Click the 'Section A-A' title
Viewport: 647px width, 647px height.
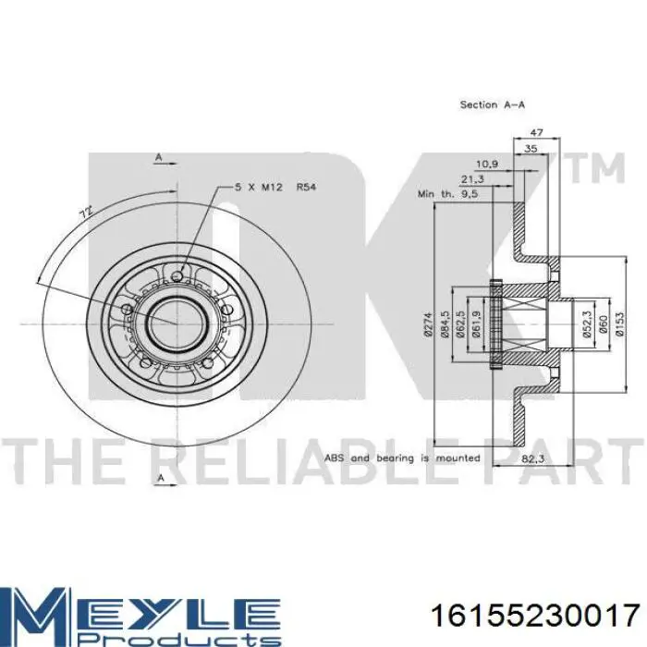click(x=493, y=104)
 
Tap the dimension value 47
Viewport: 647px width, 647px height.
click(x=536, y=132)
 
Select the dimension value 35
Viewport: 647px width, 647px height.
click(x=531, y=149)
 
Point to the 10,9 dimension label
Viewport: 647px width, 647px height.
click(x=487, y=165)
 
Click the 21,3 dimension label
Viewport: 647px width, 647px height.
click(x=472, y=179)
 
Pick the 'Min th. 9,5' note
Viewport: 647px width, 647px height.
click(x=448, y=193)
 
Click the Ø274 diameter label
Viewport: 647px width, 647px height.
click(x=427, y=324)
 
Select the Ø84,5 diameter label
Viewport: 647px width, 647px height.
click(x=445, y=325)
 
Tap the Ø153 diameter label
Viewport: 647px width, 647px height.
click(x=619, y=323)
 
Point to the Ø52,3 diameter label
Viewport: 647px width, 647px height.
click(x=587, y=324)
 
